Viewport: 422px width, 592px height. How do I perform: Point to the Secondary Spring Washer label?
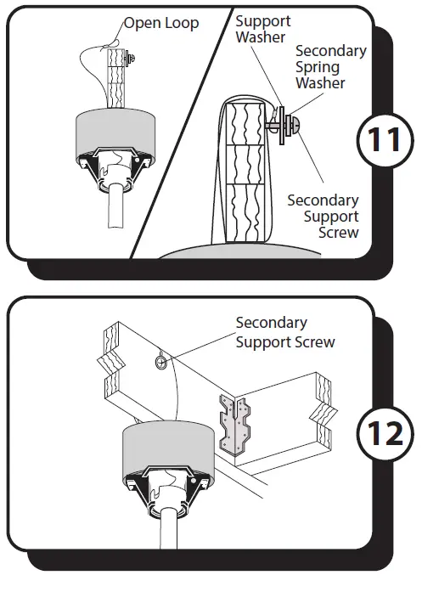point(330,66)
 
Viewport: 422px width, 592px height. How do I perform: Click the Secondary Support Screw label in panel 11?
point(323,216)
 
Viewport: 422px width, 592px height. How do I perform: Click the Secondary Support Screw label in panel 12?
point(284,332)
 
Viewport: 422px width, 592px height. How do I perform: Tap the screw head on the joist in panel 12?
point(159,363)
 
